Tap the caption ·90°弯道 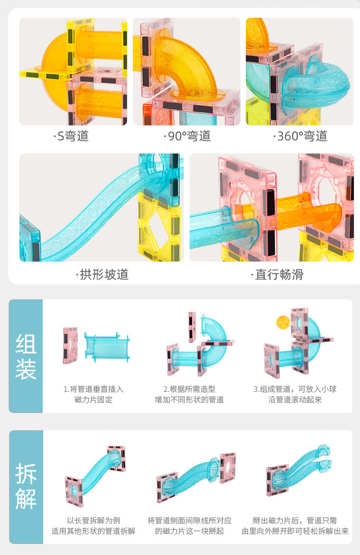pyautogui.click(x=187, y=136)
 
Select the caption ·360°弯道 pyautogui.click(x=300, y=136)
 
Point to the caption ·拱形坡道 pyautogui.click(x=102, y=274)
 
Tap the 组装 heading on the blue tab pyautogui.click(x=26, y=356)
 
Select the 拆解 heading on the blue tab pyautogui.click(x=26, y=486)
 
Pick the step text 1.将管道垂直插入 pyautogui.click(x=93, y=389)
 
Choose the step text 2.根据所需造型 pyautogui.click(x=189, y=389)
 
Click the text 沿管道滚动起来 pyautogui.click(x=295, y=400)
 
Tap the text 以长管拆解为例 pyautogui.click(x=94, y=520)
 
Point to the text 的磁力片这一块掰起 pyautogui.click(x=189, y=531)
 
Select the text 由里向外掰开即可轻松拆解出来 pyautogui.click(x=295, y=531)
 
